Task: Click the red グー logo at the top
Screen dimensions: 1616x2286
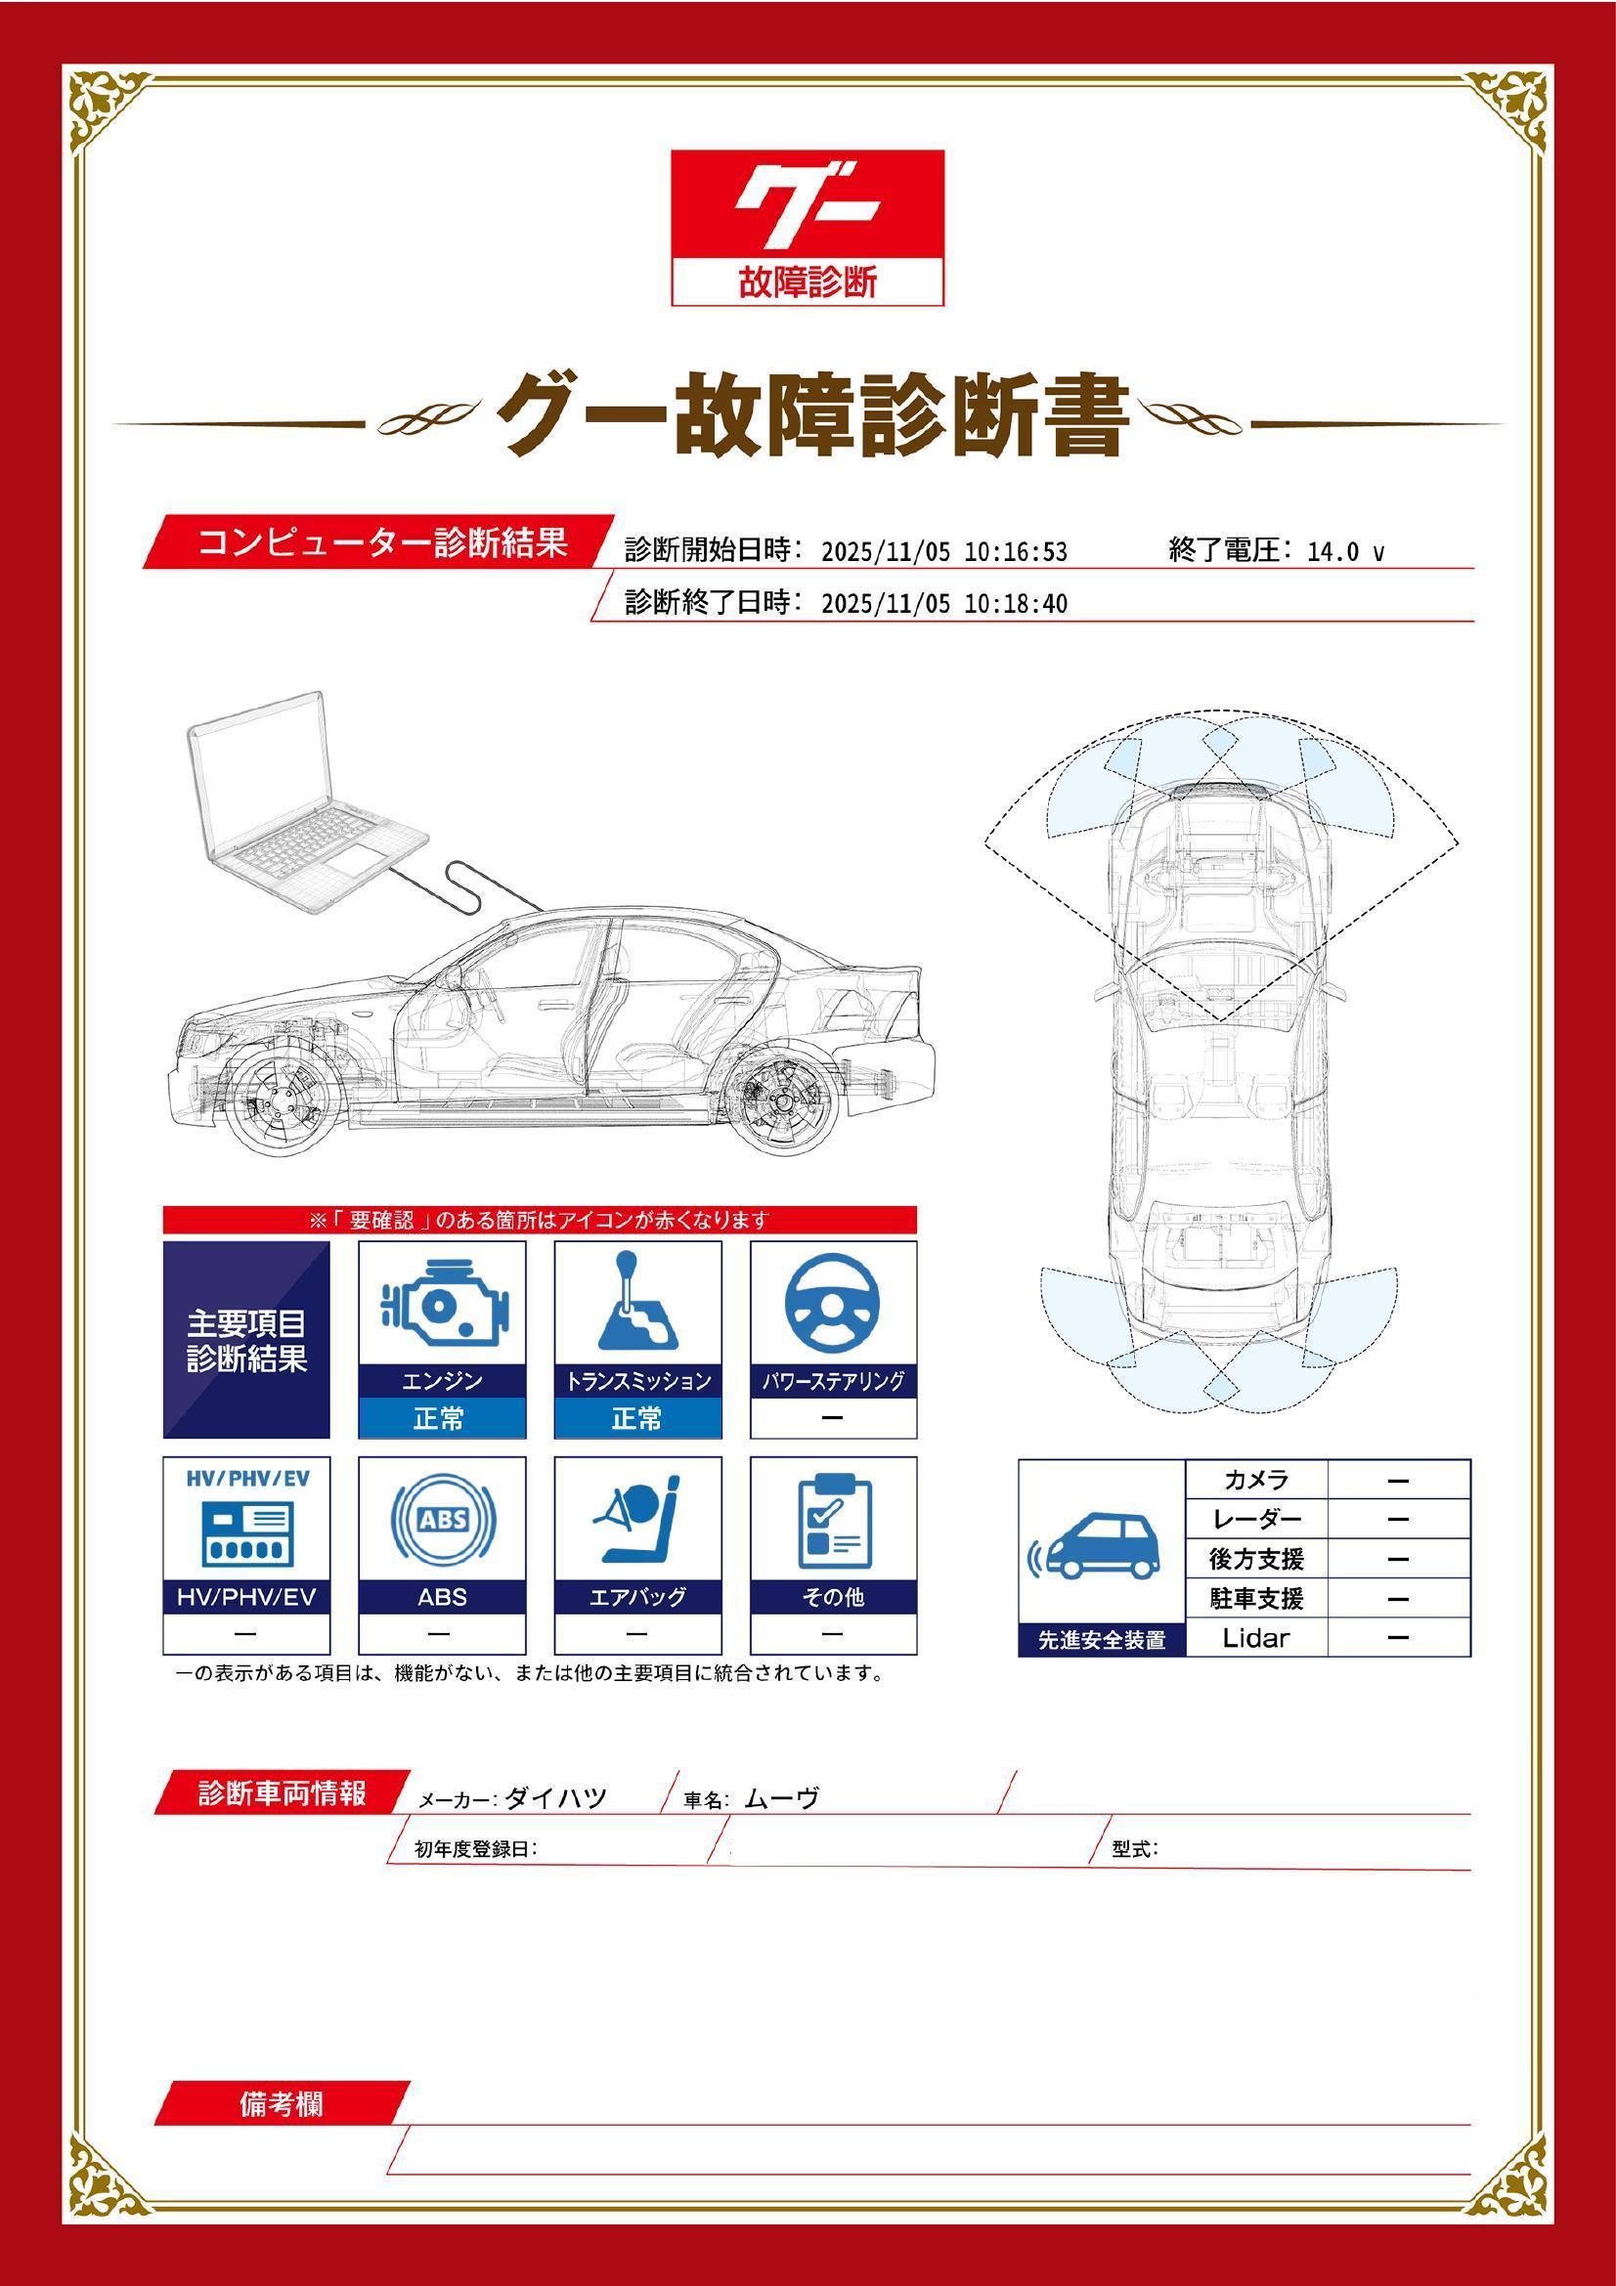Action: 808,227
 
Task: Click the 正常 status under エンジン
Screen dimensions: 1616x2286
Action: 441,1418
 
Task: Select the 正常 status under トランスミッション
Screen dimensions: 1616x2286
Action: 637,1418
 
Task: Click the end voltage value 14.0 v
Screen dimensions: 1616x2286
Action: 1345,552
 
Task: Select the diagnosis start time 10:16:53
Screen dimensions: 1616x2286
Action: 1016,552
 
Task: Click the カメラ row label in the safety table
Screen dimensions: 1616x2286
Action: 1256,1480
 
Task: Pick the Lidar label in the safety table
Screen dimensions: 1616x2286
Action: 1255,1638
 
